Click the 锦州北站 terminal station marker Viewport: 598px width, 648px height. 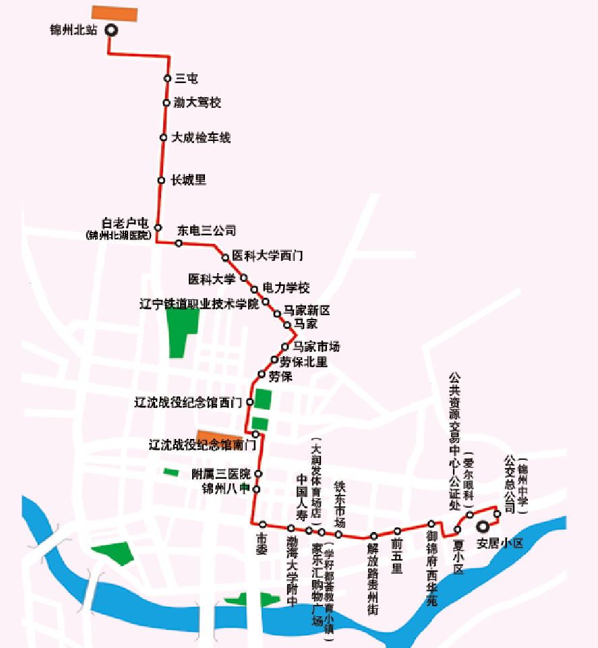pos(109,30)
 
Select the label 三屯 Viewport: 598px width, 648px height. pos(186,79)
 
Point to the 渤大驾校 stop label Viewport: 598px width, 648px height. pos(197,103)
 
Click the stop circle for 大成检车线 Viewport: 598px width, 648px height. pos(163,138)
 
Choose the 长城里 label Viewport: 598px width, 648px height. pos(188,180)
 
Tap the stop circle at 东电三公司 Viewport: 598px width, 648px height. pos(179,243)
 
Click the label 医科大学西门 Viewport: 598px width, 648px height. pos(268,256)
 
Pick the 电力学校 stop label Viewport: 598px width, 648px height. pos(286,289)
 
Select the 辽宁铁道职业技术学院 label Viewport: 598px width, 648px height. pos(199,303)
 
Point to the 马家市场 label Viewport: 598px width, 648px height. pos(317,347)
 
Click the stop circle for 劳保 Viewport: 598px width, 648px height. pos(262,374)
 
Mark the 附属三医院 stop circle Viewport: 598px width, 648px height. pos(258,473)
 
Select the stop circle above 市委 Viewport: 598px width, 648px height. pos(262,524)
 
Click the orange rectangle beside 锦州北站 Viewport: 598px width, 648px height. pos(115,13)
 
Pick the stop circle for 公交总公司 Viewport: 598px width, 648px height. pos(497,514)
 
